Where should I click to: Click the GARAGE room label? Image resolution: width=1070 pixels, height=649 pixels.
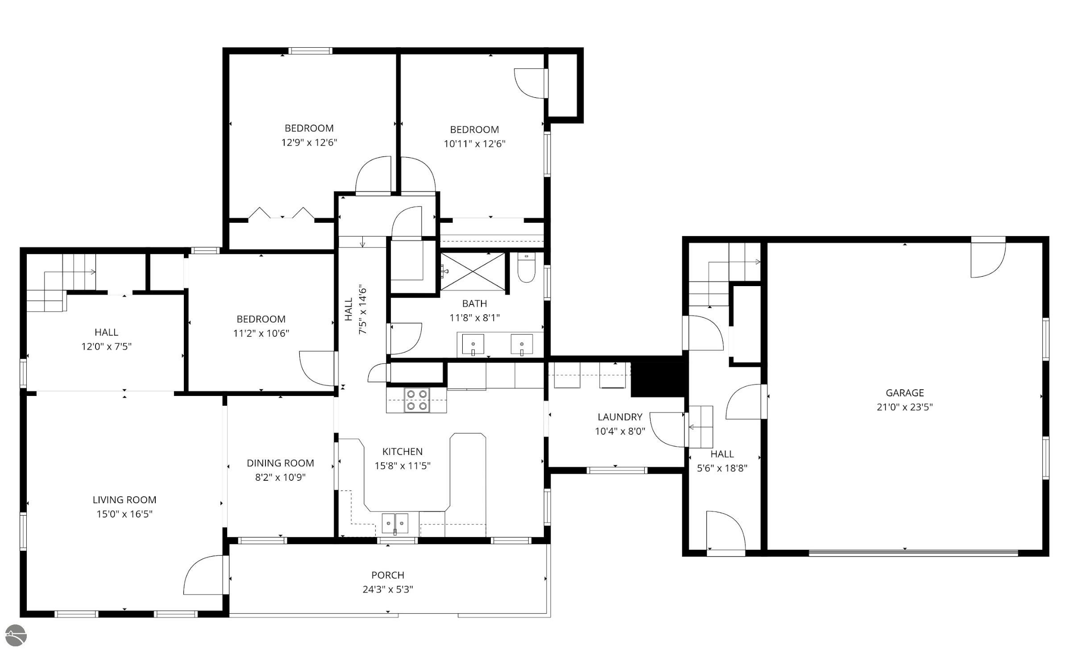click(904, 393)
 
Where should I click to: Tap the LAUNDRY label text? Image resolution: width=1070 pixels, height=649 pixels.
click(620, 417)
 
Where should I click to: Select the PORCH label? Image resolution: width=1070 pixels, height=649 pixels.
click(388, 575)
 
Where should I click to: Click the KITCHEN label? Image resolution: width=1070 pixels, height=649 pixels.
click(402, 451)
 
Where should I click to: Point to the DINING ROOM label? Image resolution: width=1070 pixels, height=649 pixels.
click(280, 463)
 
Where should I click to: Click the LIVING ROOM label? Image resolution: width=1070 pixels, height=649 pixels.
click(124, 499)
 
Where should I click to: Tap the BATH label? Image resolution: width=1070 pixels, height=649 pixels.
click(474, 304)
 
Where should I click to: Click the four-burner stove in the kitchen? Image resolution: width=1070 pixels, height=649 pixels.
click(417, 400)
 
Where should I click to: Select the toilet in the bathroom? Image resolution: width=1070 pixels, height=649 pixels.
click(527, 268)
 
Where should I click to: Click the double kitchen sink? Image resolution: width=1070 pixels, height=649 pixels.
click(395, 523)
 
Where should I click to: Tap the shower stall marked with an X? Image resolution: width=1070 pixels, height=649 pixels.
click(473, 271)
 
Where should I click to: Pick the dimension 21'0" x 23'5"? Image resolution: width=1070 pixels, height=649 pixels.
click(904, 407)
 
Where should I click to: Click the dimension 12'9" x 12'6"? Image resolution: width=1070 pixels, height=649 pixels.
click(309, 142)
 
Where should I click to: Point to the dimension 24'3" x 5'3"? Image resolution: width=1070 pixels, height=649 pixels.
click(388, 589)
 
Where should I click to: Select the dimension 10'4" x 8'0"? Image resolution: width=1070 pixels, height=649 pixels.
click(620, 431)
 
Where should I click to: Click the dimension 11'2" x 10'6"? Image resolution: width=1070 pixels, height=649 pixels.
click(261, 333)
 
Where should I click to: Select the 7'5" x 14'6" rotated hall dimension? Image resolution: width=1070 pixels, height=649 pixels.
click(363, 310)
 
